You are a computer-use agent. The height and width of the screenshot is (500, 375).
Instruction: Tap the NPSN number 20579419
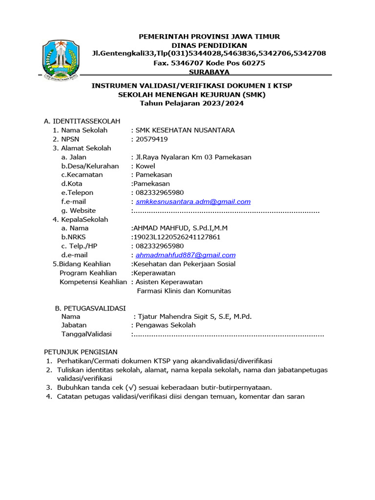coord(152,139)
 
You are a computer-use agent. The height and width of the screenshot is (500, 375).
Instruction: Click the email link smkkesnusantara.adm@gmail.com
coord(193,202)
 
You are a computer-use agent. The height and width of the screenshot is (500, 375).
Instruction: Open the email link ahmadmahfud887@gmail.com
coord(186,255)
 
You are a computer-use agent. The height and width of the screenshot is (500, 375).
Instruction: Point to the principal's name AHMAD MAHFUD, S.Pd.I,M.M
coord(180,228)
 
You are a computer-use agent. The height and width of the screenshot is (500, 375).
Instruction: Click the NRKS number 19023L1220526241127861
coord(177,237)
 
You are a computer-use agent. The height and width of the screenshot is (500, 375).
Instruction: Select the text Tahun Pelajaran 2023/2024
coord(192,103)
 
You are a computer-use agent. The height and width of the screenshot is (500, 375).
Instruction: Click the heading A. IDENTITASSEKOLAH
coord(82,121)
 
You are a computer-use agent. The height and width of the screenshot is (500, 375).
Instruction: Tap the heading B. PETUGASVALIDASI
coord(90,308)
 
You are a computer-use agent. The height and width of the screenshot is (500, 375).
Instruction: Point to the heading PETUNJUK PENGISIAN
coord(81,352)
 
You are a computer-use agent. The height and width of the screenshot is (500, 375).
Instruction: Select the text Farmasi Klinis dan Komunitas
coord(184,291)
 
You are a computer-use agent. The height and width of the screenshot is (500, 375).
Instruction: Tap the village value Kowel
coord(146,166)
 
